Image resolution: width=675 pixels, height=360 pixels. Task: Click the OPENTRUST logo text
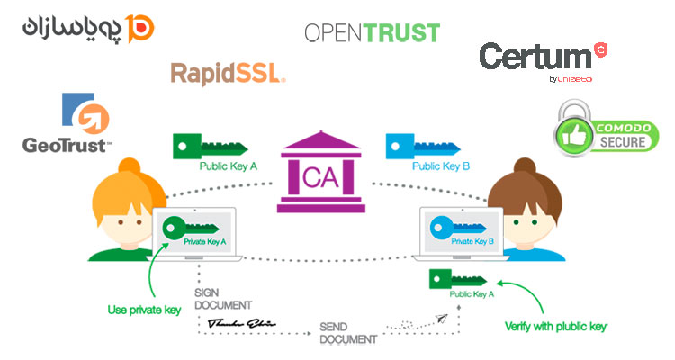click(x=372, y=32)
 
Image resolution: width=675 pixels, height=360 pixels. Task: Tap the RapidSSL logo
click(x=227, y=73)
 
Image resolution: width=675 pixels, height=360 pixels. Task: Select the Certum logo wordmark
click(x=535, y=57)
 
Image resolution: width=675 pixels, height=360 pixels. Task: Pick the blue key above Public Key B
click(x=419, y=146)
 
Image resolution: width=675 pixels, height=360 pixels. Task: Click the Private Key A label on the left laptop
click(x=205, y=242)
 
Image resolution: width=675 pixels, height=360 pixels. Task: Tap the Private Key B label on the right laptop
click(x=472, y=242)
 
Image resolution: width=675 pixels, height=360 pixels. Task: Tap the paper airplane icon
click(x=441, y=316)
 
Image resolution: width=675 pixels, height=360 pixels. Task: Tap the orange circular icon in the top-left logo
click(x=141, y=26)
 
